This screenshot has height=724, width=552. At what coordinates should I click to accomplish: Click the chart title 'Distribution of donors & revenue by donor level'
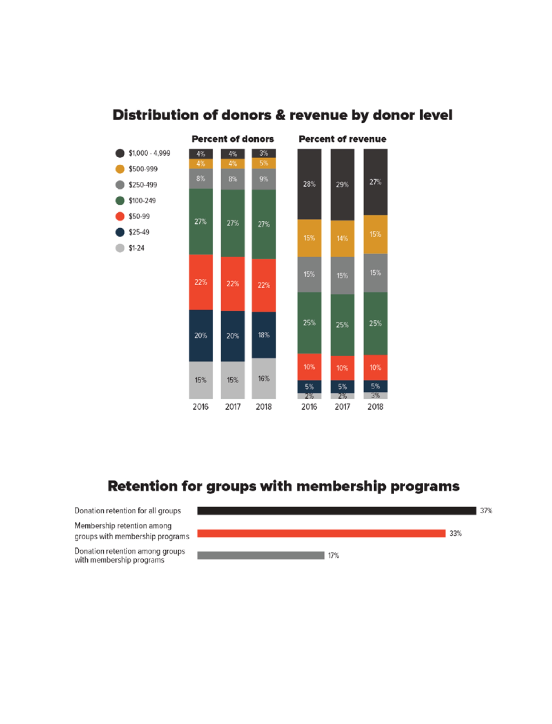coord(282,115)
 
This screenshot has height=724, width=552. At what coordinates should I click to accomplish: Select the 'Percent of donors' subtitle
coord(233,139)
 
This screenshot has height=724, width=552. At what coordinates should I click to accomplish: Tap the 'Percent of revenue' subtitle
coord(342,139)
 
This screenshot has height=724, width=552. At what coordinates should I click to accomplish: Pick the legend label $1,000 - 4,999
coord(149,153)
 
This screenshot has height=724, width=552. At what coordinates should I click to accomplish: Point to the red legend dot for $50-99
coord(120,216)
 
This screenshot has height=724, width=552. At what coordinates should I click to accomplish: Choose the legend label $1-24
coord(136,248)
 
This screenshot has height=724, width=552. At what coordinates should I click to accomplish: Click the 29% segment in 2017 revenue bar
coord(342,185)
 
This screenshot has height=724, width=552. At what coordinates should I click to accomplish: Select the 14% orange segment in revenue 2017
coord(342,238)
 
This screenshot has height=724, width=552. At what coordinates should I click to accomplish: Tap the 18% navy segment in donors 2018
coord(264,335)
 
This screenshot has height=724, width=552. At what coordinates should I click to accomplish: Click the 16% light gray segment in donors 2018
coord(264,379)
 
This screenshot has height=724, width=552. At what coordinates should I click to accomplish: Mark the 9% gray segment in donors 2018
coord(264,179)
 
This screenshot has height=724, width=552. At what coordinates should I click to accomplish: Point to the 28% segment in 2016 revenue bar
coord(309,184)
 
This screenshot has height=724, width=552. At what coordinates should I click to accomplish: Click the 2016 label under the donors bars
coord(200,407)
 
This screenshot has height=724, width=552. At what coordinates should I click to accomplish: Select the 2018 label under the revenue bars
coord(375,407)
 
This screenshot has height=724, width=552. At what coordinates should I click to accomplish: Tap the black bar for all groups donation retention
coord(336,510)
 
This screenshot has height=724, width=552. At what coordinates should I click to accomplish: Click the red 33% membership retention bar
coord(321,533)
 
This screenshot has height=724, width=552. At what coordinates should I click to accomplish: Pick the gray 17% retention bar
coord(261,555)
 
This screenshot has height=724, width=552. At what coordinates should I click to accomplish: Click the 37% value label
coord(486,510)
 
